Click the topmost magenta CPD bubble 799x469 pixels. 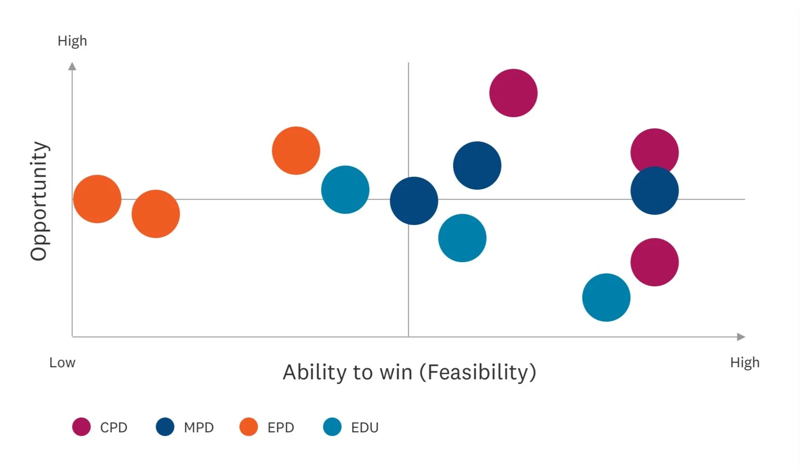click(513, 93)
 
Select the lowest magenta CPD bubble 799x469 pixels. click(655, 262)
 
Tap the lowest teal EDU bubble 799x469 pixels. click(606, 297)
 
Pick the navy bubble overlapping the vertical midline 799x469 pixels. click(414, 201)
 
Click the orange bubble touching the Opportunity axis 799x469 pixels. click(97, 199)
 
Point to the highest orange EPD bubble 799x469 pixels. click(296, 151)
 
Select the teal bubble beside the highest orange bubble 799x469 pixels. click(345, 190)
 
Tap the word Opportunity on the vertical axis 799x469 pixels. click(39, 201)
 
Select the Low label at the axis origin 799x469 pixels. click(62, 363)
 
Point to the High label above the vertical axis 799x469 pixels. click(72, 41)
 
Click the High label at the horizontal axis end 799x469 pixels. click(745, 363)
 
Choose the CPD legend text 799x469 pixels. click(114, 427)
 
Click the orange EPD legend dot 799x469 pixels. click(249, 427)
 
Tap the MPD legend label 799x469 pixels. click(199, 427)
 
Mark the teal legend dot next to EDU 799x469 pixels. click(332, 427)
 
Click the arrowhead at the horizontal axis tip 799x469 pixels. click(741, 337)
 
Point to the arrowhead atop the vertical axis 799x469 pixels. click(72, 66)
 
